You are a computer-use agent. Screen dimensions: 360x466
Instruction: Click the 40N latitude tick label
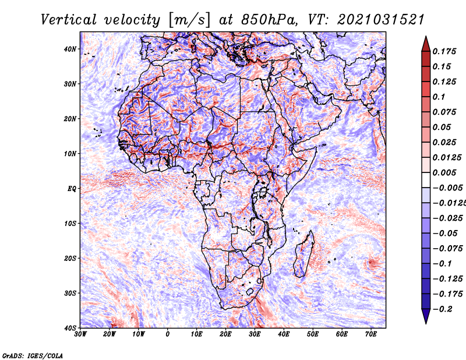(x=69, y=49)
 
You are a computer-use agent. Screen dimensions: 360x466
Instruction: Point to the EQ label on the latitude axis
(x=71, y=188)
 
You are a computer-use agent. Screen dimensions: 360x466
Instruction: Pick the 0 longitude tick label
(x=168, y=334)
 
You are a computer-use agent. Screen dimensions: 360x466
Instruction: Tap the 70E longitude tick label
(x=370, y=334)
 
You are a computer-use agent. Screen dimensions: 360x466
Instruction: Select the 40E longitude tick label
(x=284, y=334)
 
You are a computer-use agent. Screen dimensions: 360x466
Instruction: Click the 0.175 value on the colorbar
(x=444, y=51)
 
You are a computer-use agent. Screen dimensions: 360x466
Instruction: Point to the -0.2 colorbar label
(x=442, y=309)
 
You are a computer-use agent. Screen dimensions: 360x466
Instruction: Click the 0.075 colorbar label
(x=444, y=112)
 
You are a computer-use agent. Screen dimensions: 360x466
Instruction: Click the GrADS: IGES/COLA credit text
(x=33, y=355)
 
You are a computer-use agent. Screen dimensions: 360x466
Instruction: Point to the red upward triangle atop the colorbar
(x=426, y=43)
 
